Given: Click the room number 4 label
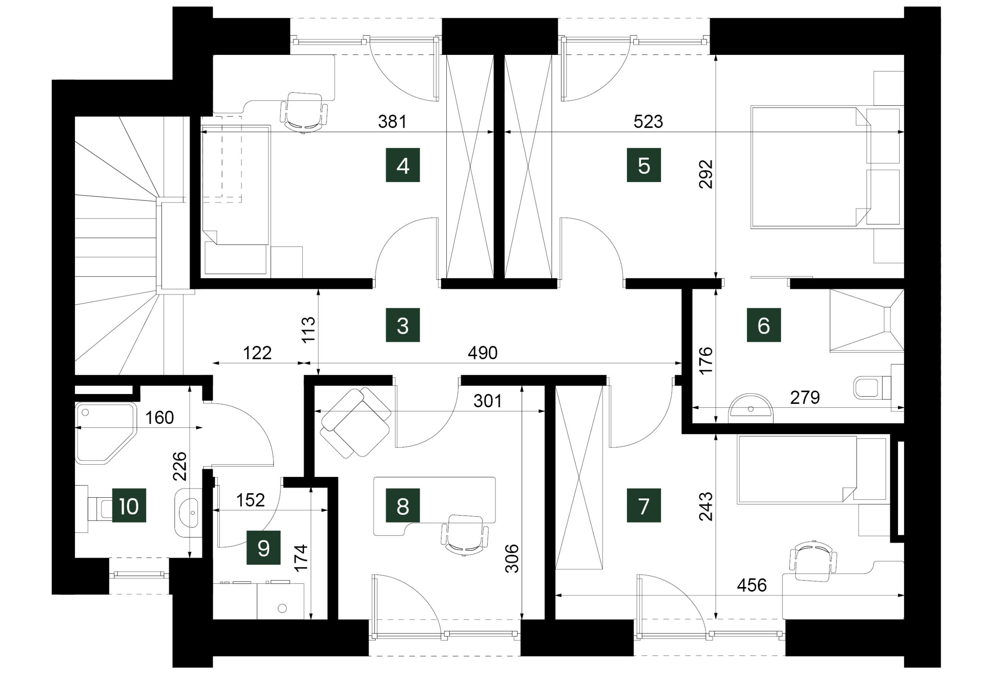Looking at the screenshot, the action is (x=403, y=165).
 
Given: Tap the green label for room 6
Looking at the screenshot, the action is (x=764, y=325).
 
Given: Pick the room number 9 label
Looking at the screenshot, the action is (x=264, y=547).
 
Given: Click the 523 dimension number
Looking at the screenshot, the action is (x=648, y=122).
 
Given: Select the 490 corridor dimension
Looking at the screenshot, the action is (x=483, y=353).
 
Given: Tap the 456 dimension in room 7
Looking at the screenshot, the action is (x=752, y=585).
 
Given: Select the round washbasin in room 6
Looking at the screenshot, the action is (x=751, y=408).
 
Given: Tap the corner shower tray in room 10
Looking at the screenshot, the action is (x=106, y=433).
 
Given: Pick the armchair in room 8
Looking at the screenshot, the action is (x=356, y=423).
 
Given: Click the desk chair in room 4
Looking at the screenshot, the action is (x=303, y=112).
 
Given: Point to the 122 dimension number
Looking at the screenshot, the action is (x=257, y=353).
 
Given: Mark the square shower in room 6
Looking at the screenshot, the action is (x=867, y=321).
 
